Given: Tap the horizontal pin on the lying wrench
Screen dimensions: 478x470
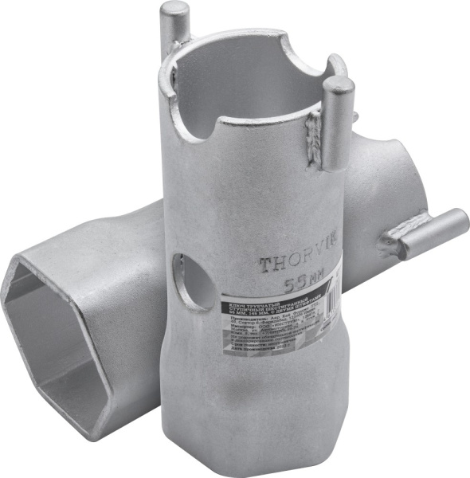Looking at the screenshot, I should (430, 232).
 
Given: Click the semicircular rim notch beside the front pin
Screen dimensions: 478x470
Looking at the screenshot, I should (302, 57).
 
